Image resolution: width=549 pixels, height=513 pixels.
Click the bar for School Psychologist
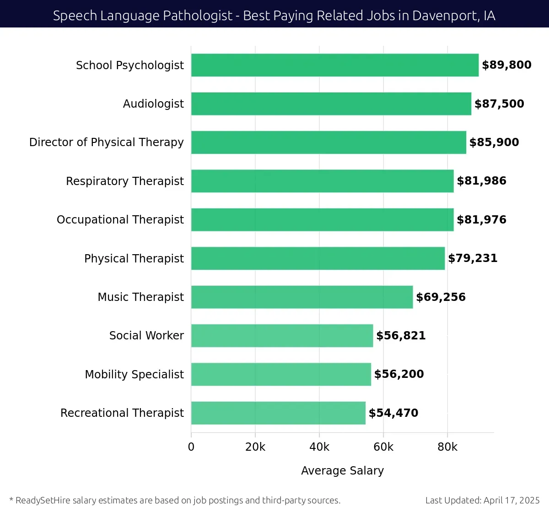pos(335,65)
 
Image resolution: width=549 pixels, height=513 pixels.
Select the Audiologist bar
pos(331,104)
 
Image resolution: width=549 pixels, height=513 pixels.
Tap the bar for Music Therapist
pos(302,297)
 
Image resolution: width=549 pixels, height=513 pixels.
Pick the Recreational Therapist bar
pos(278,413)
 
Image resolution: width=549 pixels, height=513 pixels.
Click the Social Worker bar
pos(282,335)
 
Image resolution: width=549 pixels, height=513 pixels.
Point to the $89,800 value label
pos(506,65)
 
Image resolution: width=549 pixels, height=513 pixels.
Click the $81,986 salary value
pos(481,181)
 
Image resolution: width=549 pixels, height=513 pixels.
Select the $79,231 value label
pos(473,258)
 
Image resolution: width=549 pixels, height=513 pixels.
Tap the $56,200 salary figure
pos(399,374)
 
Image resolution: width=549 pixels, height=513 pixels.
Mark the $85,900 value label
pos(494,142)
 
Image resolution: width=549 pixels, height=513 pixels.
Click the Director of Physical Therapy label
pos(106,142)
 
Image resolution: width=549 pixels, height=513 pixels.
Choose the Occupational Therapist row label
pos(120,220)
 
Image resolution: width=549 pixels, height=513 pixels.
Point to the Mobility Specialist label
pos(134,374)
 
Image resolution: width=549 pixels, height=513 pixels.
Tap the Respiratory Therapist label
pos(124,181)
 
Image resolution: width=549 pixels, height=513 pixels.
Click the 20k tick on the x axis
pos(255,447)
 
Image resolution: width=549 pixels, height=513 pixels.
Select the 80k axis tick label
pos(447,447)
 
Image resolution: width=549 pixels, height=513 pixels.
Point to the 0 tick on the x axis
pos(191,447)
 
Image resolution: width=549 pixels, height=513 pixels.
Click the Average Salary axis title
pos(342,470)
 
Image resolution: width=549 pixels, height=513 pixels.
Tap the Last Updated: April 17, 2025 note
pos(482,500)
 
